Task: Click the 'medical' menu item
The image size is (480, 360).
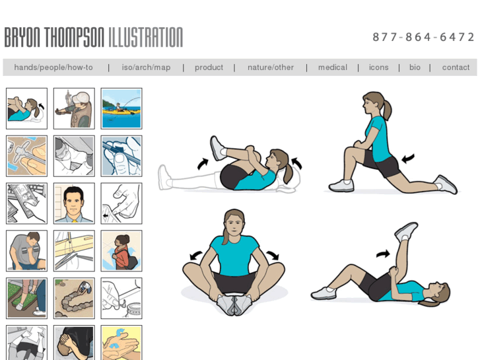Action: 333,67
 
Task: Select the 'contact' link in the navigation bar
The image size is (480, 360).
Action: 456,67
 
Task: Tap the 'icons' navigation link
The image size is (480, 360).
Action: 379,67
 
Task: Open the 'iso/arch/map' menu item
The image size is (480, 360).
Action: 146,67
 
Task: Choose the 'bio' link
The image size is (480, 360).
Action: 415,67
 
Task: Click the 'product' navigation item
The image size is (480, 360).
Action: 209,68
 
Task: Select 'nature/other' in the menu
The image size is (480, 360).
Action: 271,67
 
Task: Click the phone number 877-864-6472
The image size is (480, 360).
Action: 423,37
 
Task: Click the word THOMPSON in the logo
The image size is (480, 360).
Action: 74,38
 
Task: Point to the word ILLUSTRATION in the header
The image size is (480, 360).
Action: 146,38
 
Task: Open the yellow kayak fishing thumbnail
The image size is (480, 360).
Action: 121,108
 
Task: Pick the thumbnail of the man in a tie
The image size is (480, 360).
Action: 74,203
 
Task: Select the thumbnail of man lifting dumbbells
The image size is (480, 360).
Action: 26,250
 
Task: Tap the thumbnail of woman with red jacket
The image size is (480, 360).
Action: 121,250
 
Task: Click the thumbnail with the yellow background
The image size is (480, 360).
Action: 121,343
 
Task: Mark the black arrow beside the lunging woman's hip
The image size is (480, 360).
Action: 408,159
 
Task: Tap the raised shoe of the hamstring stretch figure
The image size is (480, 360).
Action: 406,231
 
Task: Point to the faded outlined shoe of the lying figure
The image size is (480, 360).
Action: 164,178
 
